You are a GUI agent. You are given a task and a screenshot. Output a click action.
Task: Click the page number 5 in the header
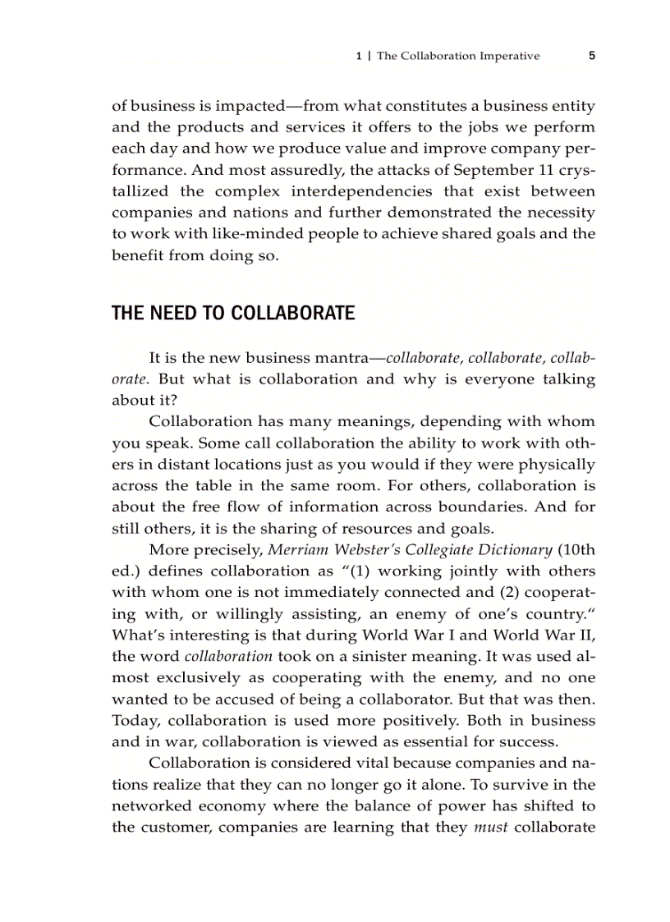click(591, 57)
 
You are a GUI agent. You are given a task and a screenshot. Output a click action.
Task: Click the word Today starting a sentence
click(135, 721)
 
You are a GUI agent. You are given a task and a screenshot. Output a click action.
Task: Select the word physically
click(555, 465)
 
